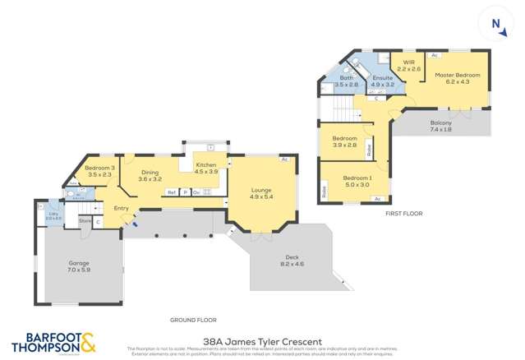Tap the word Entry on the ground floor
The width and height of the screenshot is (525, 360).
click(121, 208)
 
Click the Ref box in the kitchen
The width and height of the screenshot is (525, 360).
click(172, 192)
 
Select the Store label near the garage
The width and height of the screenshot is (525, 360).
click(84, 220)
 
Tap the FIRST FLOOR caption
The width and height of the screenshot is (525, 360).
click(403, 214)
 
